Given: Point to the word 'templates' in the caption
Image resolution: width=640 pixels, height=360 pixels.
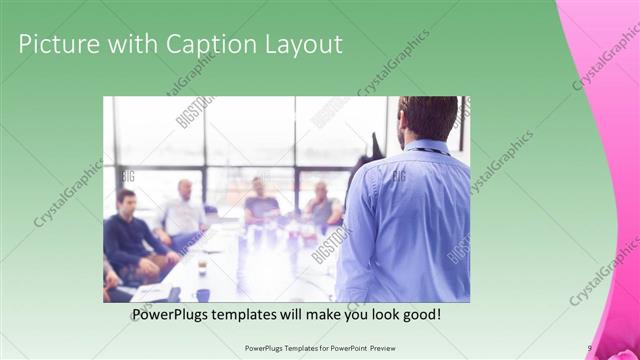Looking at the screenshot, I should click(268, 314).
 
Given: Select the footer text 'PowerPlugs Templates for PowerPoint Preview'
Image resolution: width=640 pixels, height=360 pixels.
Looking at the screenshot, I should click(319, 348).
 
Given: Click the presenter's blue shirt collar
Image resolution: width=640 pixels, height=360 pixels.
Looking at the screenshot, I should click(425, 148).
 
